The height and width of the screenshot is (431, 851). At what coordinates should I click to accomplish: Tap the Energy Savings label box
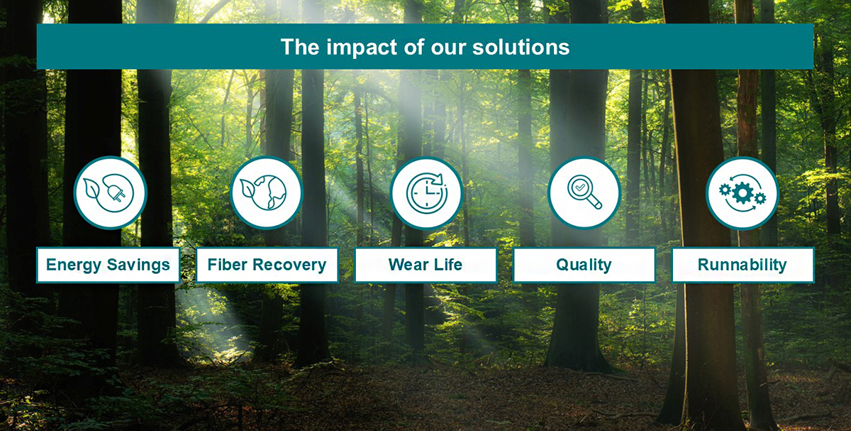tap(108, 265)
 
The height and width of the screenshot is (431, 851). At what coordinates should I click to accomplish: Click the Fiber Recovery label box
tap(267, 265)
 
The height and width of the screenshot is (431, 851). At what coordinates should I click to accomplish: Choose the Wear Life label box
tap(425, 265)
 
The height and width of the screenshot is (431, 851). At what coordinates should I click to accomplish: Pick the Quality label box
tap(584, 265)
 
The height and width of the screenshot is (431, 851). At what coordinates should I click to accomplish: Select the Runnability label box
tap(742, 265)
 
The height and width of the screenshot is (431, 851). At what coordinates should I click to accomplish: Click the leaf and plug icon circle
tap(110, 192)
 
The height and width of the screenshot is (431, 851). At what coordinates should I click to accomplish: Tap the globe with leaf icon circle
tap(267, 192)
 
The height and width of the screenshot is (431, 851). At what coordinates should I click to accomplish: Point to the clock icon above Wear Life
tap(425, 192)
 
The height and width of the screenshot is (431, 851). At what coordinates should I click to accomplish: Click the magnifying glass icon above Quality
tap(584, 192)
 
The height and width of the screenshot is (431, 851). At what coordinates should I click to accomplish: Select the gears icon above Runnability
tap(742, 192)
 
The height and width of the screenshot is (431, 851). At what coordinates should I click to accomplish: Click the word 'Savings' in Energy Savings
tap(138, 265)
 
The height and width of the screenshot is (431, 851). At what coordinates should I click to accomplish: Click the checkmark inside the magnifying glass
tap(581, 188)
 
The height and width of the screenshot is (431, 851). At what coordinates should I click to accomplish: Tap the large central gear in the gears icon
tap(742, 192)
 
